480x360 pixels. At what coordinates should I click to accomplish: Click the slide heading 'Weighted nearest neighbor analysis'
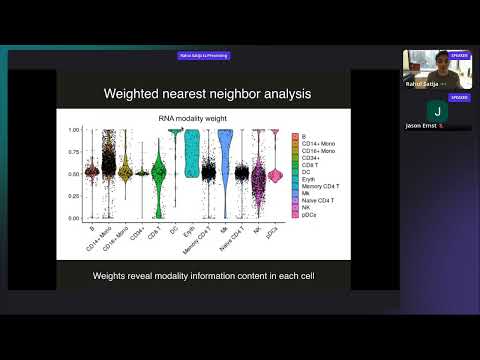click(204, 95)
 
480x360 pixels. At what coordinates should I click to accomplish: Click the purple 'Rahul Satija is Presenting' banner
click(203, 56)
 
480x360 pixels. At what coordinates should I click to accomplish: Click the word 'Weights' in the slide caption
click(110, 275)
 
